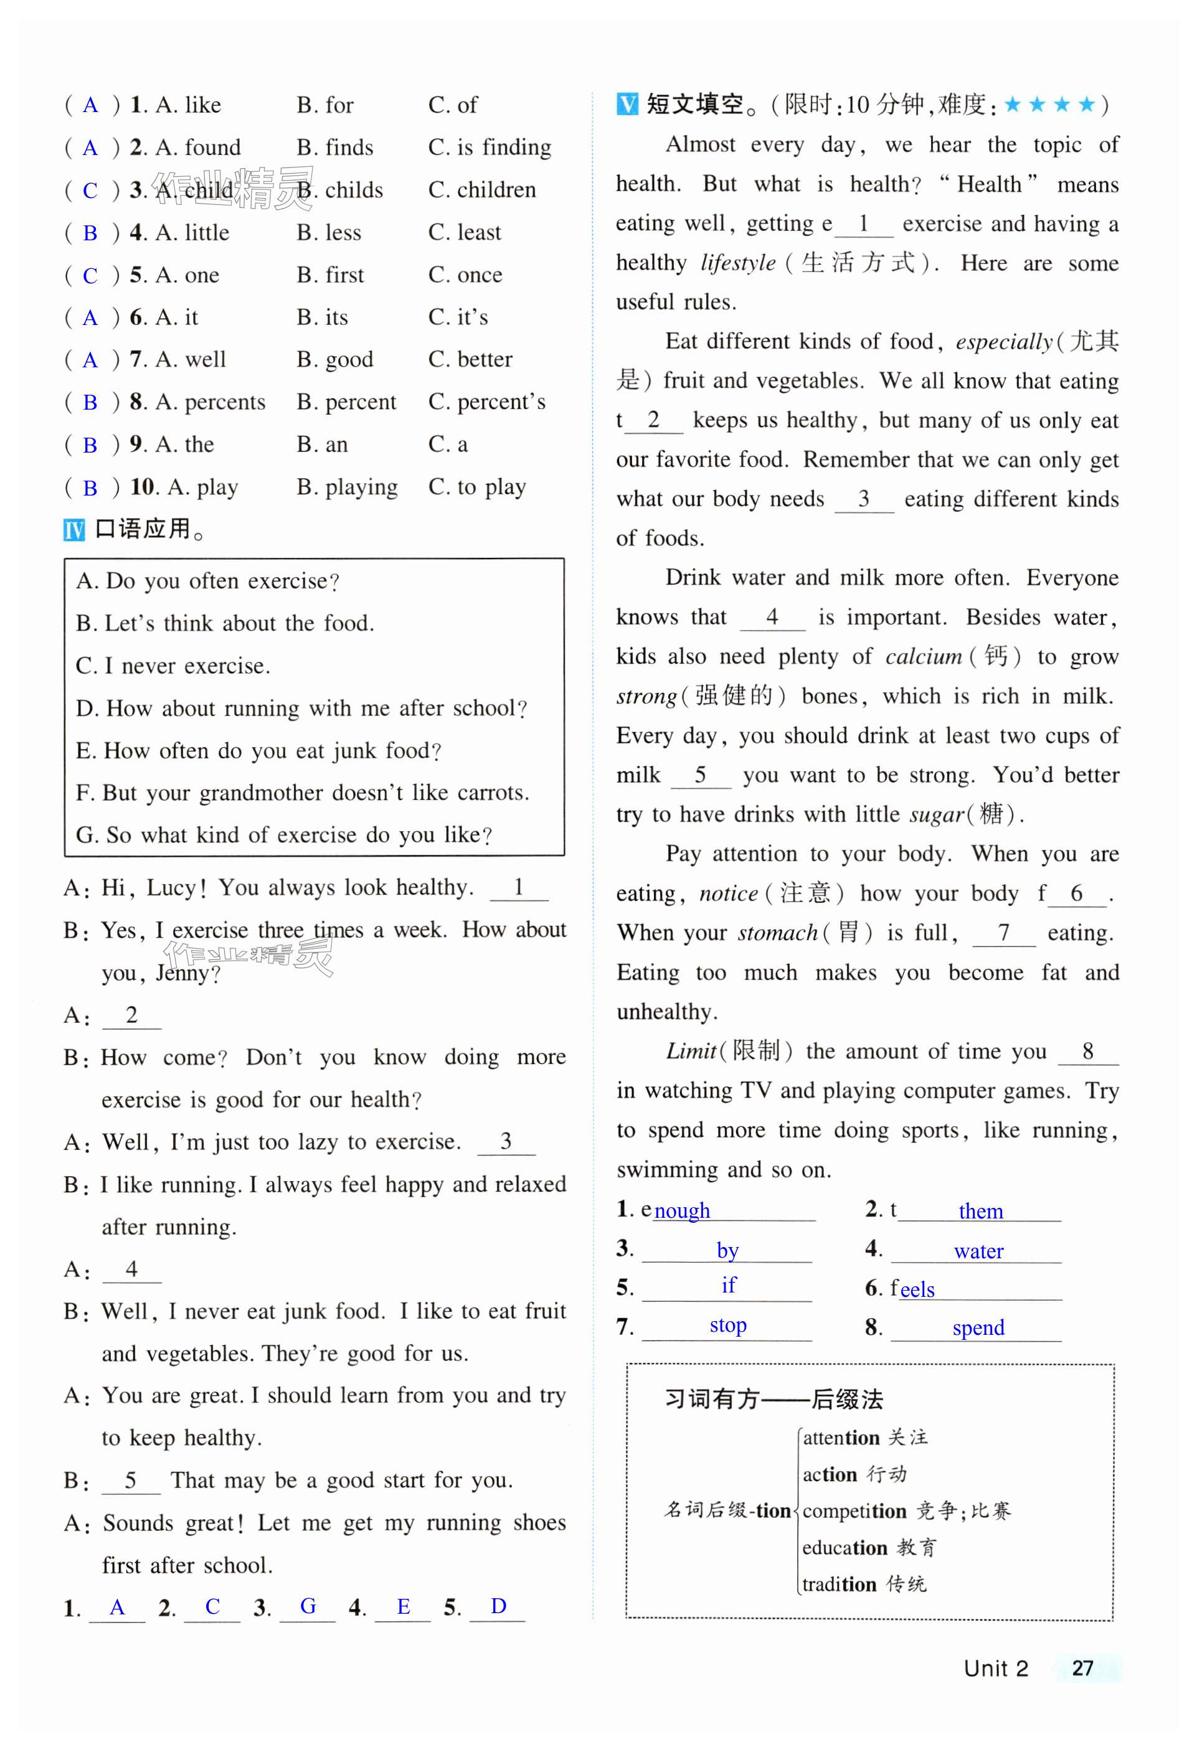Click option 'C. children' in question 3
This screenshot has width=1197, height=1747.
tap(482, 190)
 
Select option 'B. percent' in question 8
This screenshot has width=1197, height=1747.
tap(346, 402)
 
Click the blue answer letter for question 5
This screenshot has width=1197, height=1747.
tap(90, 276)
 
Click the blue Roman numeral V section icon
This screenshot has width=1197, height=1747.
tap(627, 104)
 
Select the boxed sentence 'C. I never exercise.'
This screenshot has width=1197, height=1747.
tap(173, 666)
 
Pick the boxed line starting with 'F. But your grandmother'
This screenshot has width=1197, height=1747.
tap(302, 793)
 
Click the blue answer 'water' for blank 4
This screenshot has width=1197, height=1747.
tap(978, 1251)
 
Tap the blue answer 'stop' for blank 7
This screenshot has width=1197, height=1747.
tap(728, 1326)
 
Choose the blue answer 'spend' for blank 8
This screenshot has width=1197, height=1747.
tap(978, 1327)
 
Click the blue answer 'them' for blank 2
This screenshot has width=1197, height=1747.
tap(980, 1211)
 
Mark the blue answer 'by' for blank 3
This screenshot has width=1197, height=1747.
tap(727, 1250)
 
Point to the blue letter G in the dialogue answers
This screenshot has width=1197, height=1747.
tap(308, 1606)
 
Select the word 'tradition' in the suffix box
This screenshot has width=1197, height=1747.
tap(839, 1585)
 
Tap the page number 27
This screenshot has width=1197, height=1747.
tap(1082, 1668)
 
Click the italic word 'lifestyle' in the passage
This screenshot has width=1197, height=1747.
tap(737, 263)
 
